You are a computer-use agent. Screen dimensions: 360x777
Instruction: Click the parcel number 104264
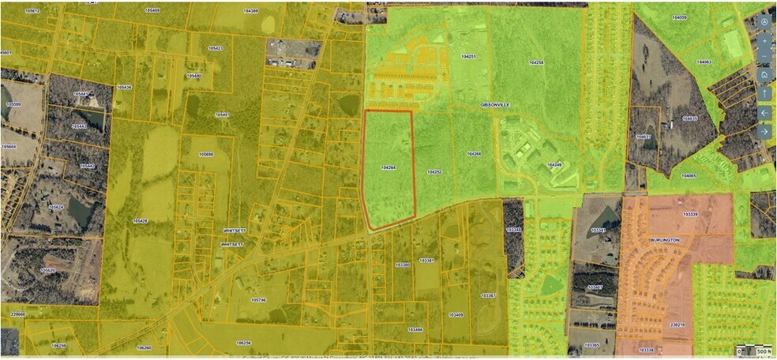(x=387, y=167)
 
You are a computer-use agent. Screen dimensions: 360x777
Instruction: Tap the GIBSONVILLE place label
(x=497, y=104)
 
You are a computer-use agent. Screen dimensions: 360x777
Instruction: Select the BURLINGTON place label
(x=665, y=238)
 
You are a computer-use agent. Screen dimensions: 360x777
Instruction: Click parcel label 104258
(x=536, y=62)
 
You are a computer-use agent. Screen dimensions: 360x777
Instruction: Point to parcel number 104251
(x=468, y=57)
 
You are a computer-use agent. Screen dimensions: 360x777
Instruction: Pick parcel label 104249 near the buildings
(x=554, y=165)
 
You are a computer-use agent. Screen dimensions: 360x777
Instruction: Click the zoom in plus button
(x=764, y=39)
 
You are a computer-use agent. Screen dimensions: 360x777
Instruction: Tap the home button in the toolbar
(x=764, y=74)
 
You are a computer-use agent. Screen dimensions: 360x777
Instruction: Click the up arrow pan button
(x=764, y=93)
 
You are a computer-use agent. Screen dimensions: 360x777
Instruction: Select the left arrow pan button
(x=764, y=112)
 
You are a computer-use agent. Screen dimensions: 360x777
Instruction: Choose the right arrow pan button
(x=764, y=131)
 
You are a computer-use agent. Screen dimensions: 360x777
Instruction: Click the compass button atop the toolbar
(x=764, y=21)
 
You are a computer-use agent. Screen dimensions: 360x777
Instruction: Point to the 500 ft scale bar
(x=753, y=351)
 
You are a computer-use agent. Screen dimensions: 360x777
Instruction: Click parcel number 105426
(x=141, y=220)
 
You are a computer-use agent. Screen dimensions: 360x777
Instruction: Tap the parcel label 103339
(x=689, y=214)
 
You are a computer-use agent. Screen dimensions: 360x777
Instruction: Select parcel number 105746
(x=258, y=299)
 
